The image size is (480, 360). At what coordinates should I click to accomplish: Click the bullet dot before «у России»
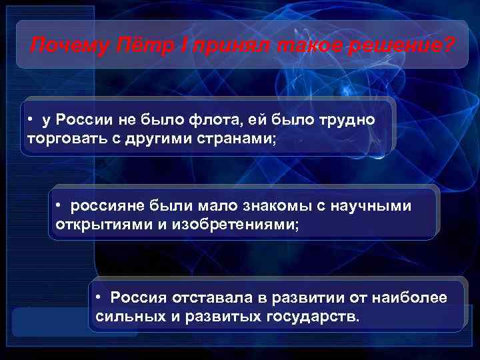coord(31,119)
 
